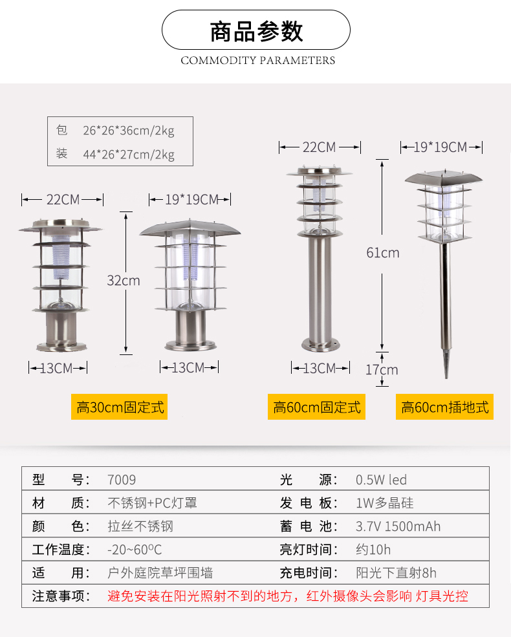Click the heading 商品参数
point(256,31)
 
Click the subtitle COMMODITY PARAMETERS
point(258,61)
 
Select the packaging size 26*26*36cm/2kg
point(129,131)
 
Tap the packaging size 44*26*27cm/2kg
point(129,155)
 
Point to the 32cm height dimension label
point(124,280)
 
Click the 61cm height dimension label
point(383,253)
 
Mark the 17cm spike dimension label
point(382,370)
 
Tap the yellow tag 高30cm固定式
point(120,407)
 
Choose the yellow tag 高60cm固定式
point(316,407)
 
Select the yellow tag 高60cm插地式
point(445,407)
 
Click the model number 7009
point(122,480)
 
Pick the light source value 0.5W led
point(381,480)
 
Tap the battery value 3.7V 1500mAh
point(398,526)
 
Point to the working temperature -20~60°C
point(135,550)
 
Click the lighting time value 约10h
point(373,550)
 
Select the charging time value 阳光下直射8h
point(396,573)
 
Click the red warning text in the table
point(288,596)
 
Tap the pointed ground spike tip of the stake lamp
point(446,378)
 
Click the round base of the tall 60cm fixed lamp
point(320,345)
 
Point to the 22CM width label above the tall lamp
point(320,147)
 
